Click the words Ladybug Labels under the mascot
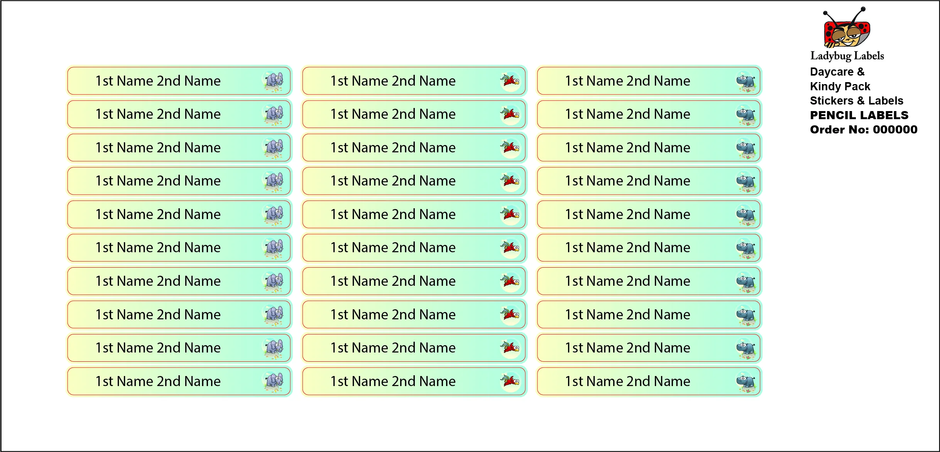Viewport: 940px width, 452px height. [847, 56]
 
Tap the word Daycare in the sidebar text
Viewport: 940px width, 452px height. [832, 72]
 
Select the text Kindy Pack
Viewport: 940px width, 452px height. [840, 86]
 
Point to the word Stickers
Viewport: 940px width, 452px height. [832, 101]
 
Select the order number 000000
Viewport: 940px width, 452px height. [895, 130]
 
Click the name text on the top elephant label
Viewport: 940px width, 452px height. [158, 81]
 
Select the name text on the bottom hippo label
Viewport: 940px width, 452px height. [628, 381]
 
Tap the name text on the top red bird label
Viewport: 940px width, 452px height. [393, 81]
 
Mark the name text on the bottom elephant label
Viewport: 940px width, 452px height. [158, 381]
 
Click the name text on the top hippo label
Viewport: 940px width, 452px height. [628, 81]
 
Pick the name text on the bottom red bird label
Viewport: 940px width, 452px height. [393, 381]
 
